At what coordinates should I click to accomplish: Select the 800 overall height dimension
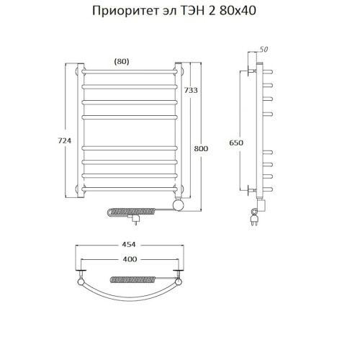(202, 148)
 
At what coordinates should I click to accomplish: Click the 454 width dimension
(130, 245)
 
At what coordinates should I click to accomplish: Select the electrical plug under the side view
(253, 214)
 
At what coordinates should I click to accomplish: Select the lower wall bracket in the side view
(251, 190)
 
